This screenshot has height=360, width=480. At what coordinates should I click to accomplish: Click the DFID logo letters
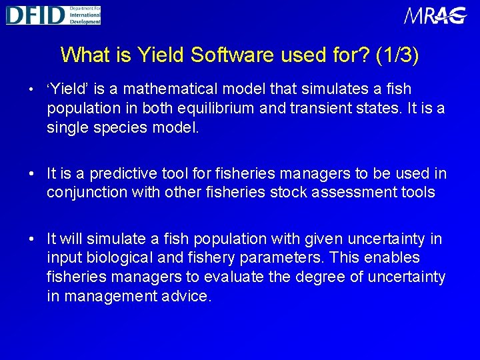35,15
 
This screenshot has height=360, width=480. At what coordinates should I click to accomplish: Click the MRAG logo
435,15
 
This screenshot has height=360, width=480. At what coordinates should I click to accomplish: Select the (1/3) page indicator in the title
397,55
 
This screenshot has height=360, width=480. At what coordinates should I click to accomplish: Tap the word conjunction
85,193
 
